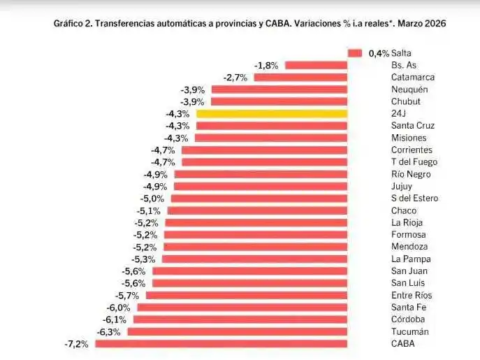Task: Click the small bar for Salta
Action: pyautogui.click(x=354, y=53)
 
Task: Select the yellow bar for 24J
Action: pyautogui.click(x=272, y=113)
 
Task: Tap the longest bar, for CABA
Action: pyautogui.click(x=221, y=343)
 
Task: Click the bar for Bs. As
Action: pyautogui.click(x=317, y=65)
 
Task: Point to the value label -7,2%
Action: pyautogui.click(x=76, y=344)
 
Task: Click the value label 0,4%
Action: pyautogui.click(x=378, y=53)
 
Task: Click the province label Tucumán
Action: pyautogui.click(x=410, y=331)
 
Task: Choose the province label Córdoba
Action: pyautogui.click(x=409, y=319)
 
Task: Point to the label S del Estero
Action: pyautogui.click(x=414, y=198)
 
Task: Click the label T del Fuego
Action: pyautogui.click(x=413, y=161)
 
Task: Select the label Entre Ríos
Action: pyautogui.click(x=412, y=295)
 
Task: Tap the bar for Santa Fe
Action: pyautogui.click(x=242, y=307)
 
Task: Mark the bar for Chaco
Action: pyautogui.click(x=257, y=210)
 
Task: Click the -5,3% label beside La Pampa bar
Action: pyautogui.click(x=145, y=259)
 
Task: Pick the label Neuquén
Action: pyautogui.click(x=409, y=89)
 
